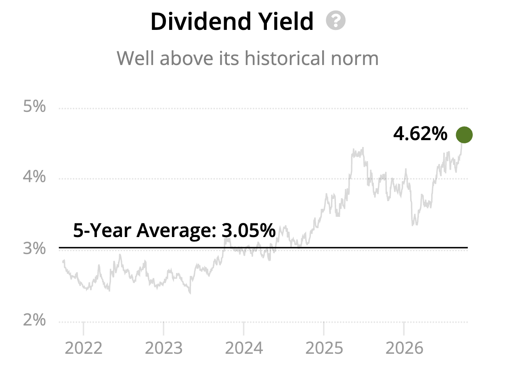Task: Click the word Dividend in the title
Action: pyautogui.click(x=201, y=21)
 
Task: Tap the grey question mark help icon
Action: pyautogui.click(x=335, y=20)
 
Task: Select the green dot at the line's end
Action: pyautogui.click(x=464, y=135)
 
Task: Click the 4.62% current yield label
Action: pyautogui.click(x=420, y=134)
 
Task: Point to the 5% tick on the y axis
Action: pyautogui.click(x=34, y=106)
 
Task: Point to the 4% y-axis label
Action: pyautogui.click(x=34, y=177)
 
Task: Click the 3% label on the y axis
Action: pyautogui.click(x=34, y=248)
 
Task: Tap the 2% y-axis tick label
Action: pyautogui.click(x=34, y=320)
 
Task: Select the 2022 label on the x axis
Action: pyautogui.click(x=84, y=348)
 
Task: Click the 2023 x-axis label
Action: pyautogui.click(x=164, y=348)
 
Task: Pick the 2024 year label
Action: pyautogui.click(x=244, y=348)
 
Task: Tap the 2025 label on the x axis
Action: pyautogui.click(x=324, y=348)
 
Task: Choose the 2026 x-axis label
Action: pyautogui.click(x=405, y=348)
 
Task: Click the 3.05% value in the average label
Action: pyautogui.click(x=249, y=231)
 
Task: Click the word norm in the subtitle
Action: pyautogui.click(x=355, y=60)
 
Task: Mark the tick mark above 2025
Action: pyautogui.click(x=324, y=329)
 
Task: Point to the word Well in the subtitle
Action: pyautogui.click(x=135, y=58)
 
